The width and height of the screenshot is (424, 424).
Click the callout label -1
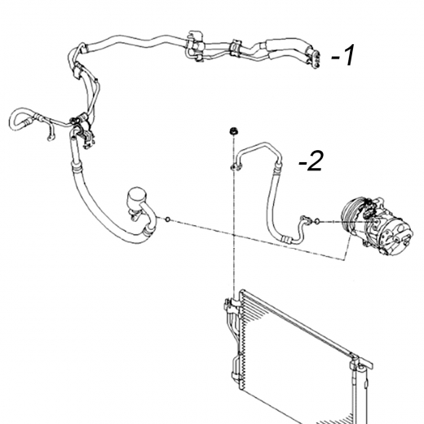coord(343,55)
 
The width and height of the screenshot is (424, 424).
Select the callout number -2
coord(311,161)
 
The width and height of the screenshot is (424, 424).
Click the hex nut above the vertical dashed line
coord(233,131)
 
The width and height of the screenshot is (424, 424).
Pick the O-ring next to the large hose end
coord(168,219)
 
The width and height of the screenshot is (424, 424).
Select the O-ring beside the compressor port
coord(317,222)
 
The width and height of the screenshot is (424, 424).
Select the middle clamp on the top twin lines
coord(235,48)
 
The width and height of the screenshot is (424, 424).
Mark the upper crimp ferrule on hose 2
coord(277,168)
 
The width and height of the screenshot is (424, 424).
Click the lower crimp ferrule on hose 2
coord(286,239)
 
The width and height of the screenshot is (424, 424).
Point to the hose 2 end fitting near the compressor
coord(304,220)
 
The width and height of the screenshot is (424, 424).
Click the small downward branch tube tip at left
coord(50,139)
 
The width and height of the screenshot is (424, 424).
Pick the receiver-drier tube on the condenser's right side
coord(355,394)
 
